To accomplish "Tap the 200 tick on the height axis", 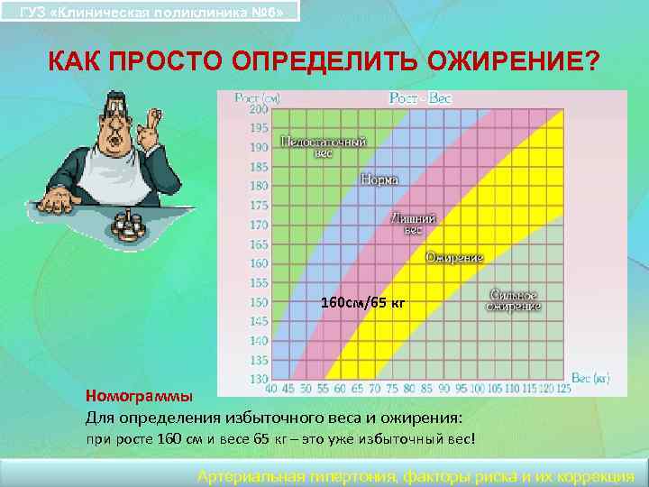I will coord(259,109).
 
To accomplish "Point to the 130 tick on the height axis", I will coord(259,379).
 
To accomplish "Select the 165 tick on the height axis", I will coord(259,244).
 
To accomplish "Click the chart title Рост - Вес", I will coord(419,97).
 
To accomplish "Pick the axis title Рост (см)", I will coord(257,96).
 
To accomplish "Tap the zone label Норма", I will coord(379,179).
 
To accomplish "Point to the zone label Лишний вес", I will coord(413,224).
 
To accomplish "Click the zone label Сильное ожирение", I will coord(514,301).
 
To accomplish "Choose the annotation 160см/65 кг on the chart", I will coord(364,303).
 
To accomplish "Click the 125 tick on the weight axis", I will coord(563,389).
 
